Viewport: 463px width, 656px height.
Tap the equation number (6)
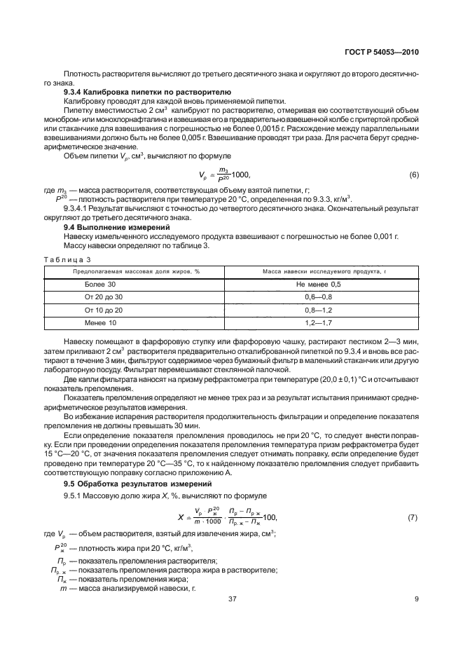413,175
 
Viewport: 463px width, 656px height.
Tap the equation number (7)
413,517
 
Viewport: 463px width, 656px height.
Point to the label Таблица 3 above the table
68,259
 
